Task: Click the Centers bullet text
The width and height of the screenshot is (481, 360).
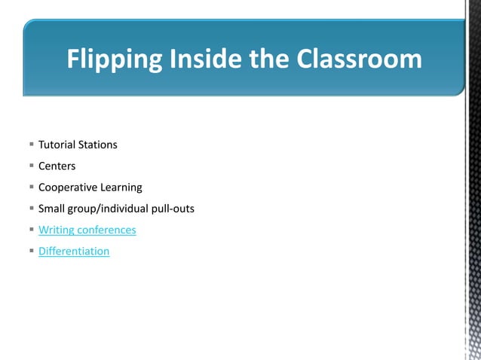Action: [x=57, y=166]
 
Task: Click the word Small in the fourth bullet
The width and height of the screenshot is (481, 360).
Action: [x=52, y=208]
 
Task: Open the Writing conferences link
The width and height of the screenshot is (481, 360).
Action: [x=87, y=230]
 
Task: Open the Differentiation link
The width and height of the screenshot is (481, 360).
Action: [x=74, y=251]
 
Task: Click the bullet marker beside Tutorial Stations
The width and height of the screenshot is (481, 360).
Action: [x=31, y=144]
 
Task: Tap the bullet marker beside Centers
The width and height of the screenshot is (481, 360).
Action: [x=31, y=166]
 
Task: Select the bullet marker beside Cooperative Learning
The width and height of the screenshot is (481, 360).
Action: [x=31, y=187]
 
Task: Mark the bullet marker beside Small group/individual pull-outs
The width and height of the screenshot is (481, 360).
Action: [x=31, y=208]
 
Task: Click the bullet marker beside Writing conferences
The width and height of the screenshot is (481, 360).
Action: [x=31, y=230]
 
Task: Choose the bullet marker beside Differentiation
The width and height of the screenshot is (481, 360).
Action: [x=31, y=251]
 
